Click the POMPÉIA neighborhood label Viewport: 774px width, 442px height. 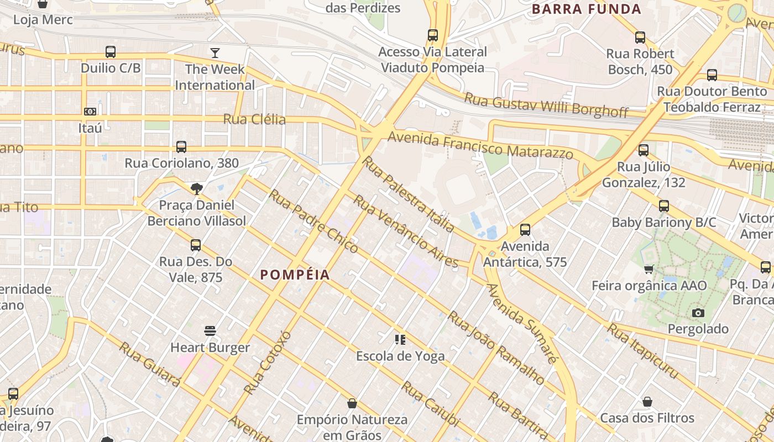tap(295, 275)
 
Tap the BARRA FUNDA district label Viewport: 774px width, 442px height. tap(586, 9)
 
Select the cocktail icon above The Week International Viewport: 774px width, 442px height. tap(215, 53)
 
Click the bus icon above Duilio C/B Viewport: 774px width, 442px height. tap(111, 52)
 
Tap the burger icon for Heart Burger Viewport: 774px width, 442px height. tap(210, 331)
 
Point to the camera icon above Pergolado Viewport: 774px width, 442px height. tap(698, 313)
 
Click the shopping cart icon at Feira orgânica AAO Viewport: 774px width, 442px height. tap(649, 270)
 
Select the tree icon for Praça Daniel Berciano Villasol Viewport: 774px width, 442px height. tap(196, 189)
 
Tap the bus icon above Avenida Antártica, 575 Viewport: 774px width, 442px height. tap(525, 230)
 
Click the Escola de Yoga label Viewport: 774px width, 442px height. tap(400, 356)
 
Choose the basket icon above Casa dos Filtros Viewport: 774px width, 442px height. tap(647, 402)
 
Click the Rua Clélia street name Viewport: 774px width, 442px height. tap(254, 119)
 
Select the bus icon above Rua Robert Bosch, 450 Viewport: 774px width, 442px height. tap(640, 38)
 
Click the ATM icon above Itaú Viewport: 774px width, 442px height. tap(90, 112)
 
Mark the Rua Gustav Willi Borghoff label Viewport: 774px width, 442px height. tap(546, 104)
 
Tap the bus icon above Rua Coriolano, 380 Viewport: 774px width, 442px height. tap(181, 147)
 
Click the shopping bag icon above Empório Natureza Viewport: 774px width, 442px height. tap(352, 404)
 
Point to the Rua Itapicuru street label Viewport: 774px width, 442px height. tap(642, 351)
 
